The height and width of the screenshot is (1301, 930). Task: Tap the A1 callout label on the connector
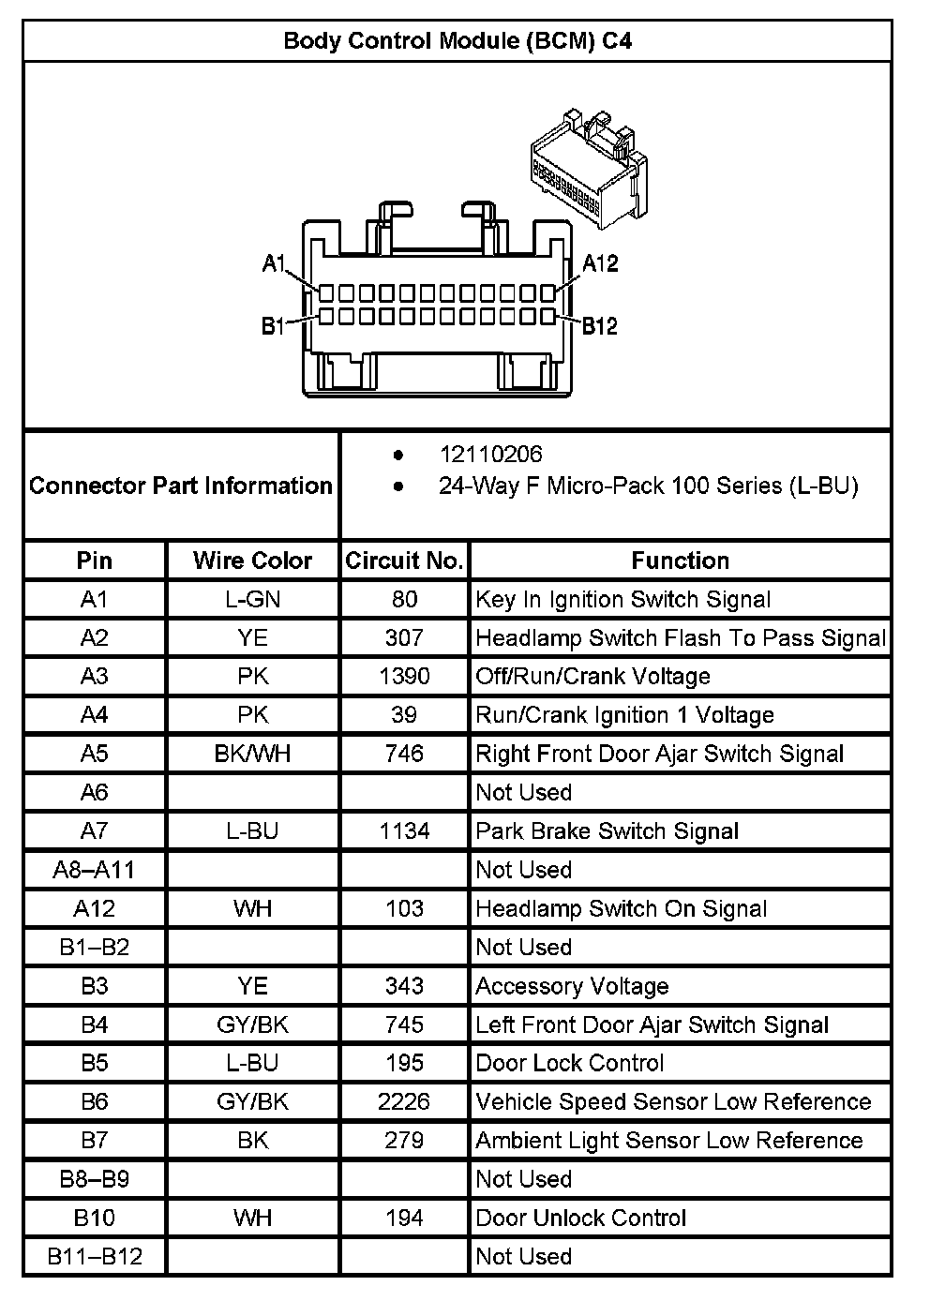[x=273, y=264]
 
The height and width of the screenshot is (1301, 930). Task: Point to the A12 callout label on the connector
[x=600, y=263]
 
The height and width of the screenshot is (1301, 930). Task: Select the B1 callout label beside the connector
[x=273, y=327]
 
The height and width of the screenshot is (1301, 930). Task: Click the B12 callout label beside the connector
[x=600, y=326]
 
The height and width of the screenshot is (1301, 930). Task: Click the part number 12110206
[x=490, y=455]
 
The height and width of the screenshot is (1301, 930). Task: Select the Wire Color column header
[x=252, y=561]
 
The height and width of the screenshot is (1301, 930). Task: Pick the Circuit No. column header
[x=404, y=561]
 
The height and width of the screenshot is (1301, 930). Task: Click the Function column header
[x=680, y=561]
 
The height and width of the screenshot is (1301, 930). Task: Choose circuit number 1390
[x=404, y=677]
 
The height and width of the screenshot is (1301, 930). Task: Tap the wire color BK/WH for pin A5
[x=252, y=754]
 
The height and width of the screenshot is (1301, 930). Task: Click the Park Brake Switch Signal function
[x=607, y=831]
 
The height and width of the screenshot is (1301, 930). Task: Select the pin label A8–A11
[x=94, y=870]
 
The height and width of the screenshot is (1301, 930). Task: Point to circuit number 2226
[x=404, y=1101]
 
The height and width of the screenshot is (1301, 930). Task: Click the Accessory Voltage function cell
[x=572, y=986]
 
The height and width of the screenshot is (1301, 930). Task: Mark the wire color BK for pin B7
[x=252, y=1140]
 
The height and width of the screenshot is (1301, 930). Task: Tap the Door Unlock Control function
[x=580, y=1218]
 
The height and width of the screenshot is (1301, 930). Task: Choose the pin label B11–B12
[x=95, y=1256]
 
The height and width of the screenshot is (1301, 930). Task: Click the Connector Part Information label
[x=181, y=486]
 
